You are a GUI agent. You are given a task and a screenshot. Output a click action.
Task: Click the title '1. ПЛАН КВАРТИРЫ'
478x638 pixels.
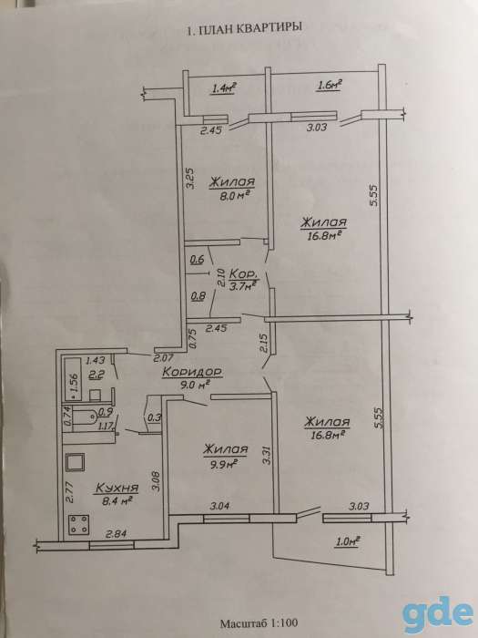[x=243, y=29]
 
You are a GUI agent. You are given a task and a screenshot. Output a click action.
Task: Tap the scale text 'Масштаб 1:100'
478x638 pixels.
[x=259, y=623]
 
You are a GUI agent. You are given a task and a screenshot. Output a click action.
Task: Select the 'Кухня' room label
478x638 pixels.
[x=117, y=488]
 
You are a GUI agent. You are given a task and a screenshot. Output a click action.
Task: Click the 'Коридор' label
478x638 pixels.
[x=192, y=372]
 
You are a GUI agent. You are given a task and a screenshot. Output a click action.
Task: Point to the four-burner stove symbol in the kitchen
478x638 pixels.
[x=78, y=524]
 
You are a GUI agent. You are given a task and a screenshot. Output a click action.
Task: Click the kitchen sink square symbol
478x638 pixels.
[x=76, y=462]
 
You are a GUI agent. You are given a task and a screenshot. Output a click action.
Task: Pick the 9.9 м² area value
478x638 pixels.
[x=223, y=464]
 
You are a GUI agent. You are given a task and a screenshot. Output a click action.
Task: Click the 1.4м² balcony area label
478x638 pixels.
[x=224, y=87]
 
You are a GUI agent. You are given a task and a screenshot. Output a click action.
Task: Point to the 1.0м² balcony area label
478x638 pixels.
[x=348, y=541]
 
